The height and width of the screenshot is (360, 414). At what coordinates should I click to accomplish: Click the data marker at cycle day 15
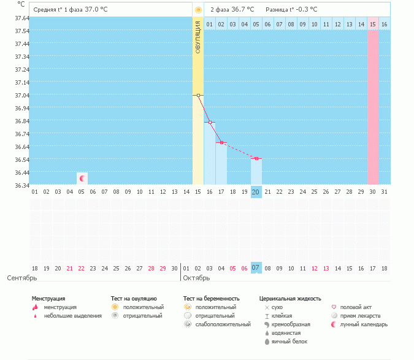[198, 95]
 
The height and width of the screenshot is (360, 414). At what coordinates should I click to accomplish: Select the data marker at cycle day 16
[210, 123]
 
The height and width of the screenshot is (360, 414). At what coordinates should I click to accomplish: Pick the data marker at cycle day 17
[221, 142]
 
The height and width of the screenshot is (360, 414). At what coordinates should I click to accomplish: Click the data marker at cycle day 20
[256, 158]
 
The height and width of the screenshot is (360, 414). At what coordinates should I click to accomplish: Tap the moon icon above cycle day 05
[82, 178]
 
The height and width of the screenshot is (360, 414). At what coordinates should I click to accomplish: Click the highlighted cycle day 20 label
[256, 191]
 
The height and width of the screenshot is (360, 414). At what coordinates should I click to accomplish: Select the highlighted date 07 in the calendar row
[256, 268]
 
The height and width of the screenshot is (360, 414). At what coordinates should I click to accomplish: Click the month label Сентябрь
[22, 278]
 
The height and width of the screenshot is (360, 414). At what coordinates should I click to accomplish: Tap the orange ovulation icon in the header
[198, 10]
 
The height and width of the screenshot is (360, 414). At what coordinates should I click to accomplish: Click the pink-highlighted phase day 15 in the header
[373, 24]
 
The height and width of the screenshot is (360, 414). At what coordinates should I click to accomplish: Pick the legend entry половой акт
[356, 307]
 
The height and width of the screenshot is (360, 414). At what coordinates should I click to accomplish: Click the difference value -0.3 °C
[305, 10]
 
